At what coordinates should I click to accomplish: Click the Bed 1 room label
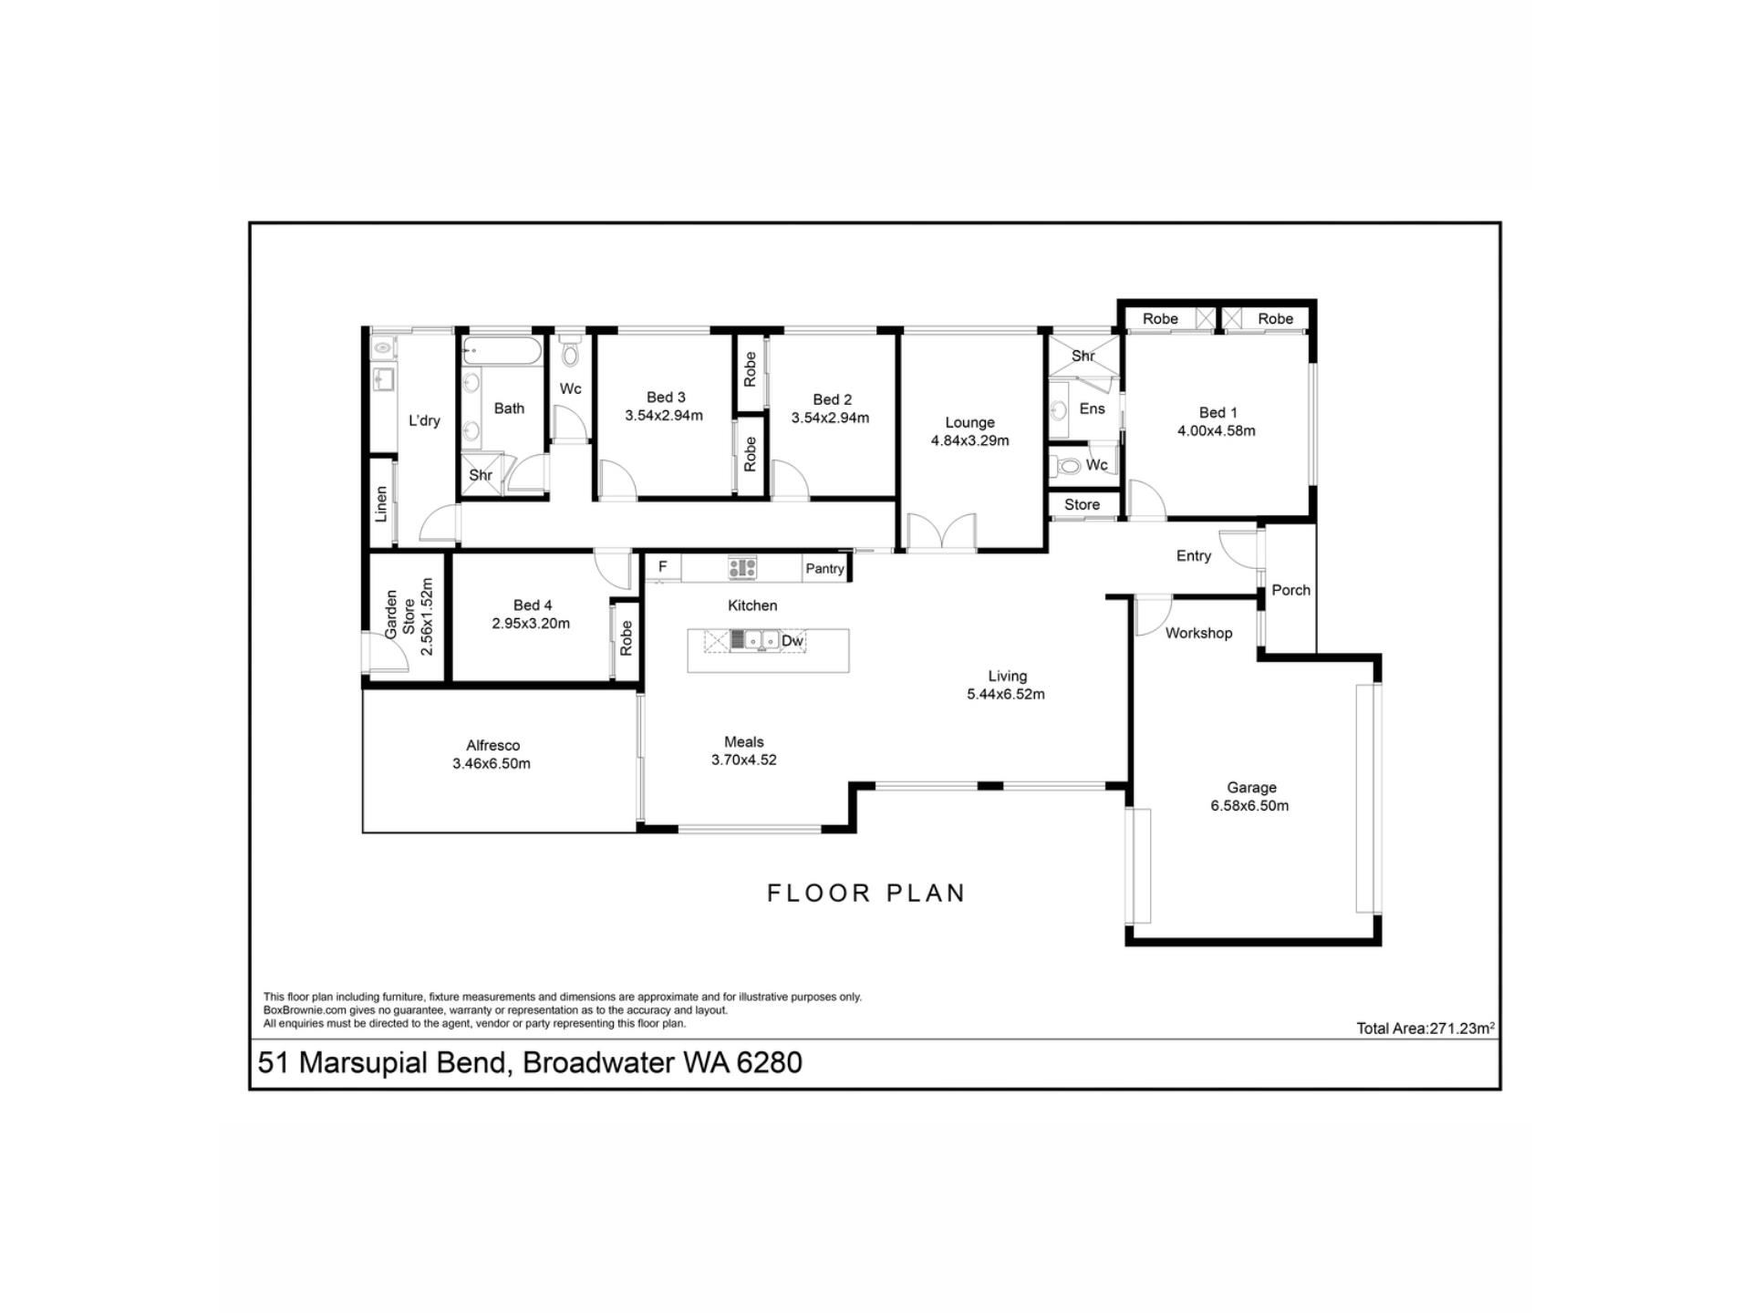1217,412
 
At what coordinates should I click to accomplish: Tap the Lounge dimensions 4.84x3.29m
969,440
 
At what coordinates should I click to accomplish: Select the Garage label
1251,788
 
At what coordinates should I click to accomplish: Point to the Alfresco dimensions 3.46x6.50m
492,764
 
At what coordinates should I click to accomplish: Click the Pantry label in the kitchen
824,569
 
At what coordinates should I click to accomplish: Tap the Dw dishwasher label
793,641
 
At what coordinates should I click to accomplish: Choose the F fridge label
663,566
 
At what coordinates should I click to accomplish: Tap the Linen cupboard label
381,503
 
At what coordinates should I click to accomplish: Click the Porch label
1290,590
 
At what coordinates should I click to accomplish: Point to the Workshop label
1198,633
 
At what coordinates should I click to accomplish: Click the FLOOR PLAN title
866,893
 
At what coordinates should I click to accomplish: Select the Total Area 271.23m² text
1425,1028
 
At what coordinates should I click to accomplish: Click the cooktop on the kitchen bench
742,568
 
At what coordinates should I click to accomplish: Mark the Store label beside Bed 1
1082,504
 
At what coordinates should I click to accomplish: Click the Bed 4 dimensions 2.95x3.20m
531,624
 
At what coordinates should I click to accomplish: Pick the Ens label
1092,408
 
